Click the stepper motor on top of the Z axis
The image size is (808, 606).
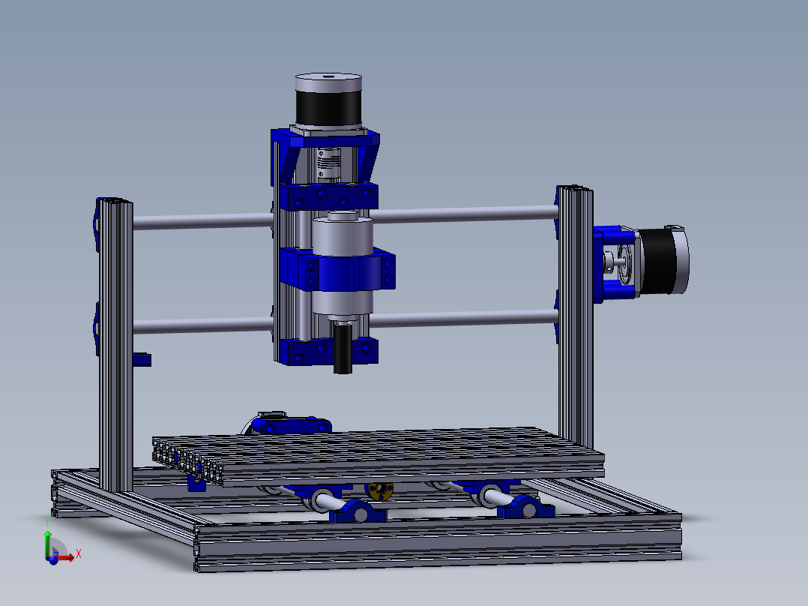[328, 101]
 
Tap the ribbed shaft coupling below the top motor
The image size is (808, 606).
[329, 164]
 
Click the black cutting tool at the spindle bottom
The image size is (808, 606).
[343, 347]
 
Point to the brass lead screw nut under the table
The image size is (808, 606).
[380, 491]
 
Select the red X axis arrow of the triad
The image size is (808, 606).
[63, 557]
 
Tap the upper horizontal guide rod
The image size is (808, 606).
[346, 217]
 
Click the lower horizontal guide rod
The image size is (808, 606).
[346, 322]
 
